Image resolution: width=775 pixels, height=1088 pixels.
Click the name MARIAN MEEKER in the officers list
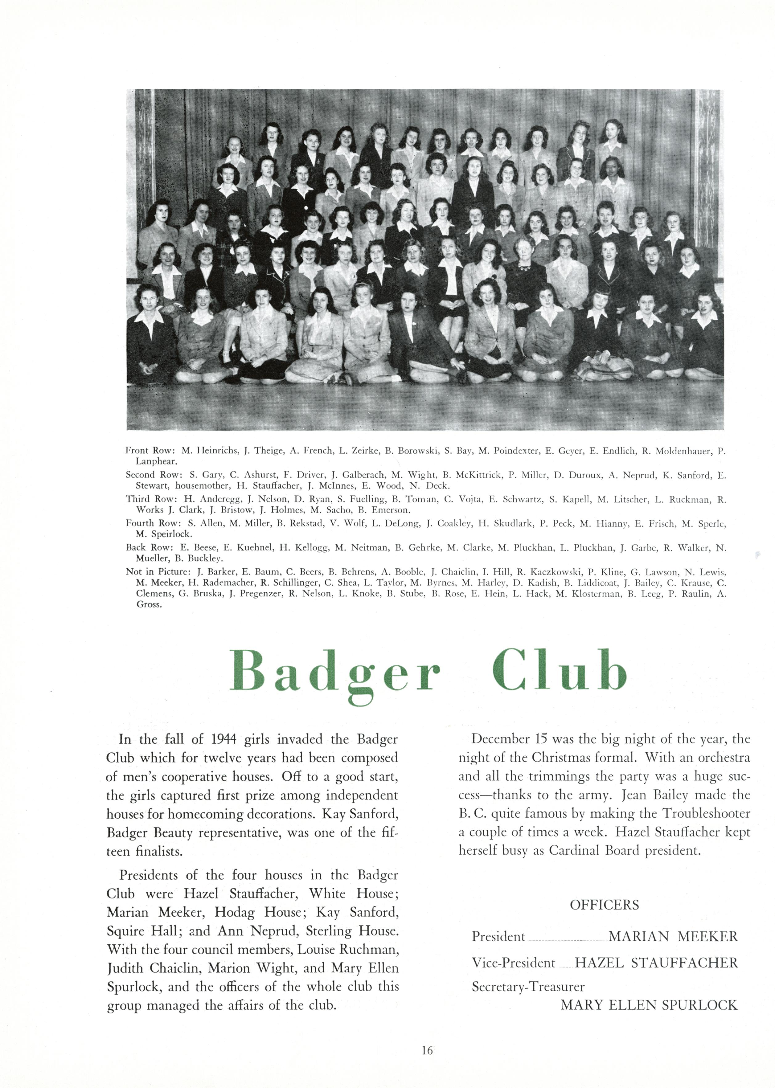pyautogui.click(x=673, y=936)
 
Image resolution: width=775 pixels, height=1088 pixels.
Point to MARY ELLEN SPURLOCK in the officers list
pyautogui.click(x=649, y=1005)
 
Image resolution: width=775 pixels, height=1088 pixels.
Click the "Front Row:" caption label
pyautogui.click(x=150, y=451)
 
